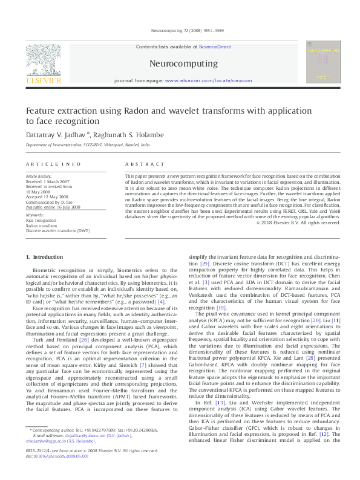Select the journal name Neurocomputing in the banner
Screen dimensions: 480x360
pos(183,63)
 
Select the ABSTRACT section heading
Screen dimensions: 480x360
pos(144,164)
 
